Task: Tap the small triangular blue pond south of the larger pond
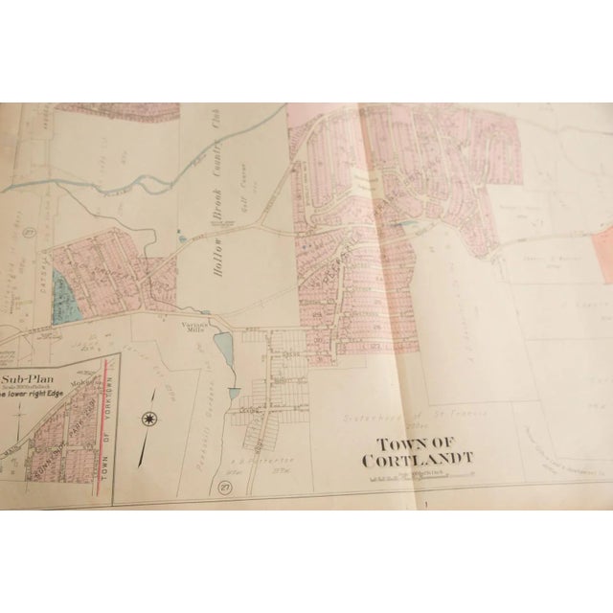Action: (x=233, y=393)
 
